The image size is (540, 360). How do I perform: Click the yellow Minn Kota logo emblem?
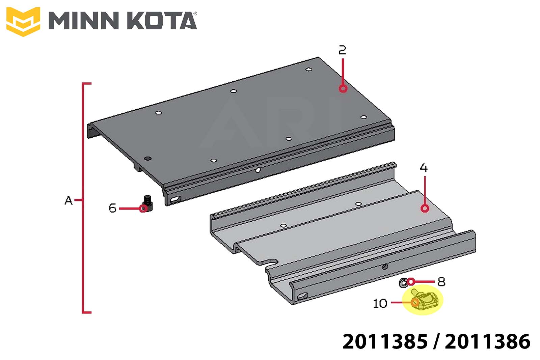coord(23,22)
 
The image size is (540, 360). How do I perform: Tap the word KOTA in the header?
coord(162,21)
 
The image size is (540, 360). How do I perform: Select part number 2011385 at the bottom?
coord(385,341)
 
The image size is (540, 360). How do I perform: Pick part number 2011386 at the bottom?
coord(488,341)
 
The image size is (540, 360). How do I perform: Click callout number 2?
coord(342,50)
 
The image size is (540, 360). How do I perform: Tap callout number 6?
coord(113,208)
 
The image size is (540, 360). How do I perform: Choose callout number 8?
coord(441,281)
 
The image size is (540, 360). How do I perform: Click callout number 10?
coord(380,303)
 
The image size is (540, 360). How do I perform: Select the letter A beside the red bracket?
coord(69,200)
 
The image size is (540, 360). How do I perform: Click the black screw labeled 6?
coord(147,203)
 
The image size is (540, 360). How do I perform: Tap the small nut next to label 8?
coord(403,283)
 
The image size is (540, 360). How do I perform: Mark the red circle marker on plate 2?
coord(343,88)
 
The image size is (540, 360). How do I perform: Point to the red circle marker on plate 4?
coord(425,208)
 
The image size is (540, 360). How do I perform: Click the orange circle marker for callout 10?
coord(415,302)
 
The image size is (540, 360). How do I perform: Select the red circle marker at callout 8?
coord(411,281)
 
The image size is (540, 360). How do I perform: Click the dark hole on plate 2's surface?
coord(147,159)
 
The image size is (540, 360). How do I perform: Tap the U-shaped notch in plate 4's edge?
coord(271,262)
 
